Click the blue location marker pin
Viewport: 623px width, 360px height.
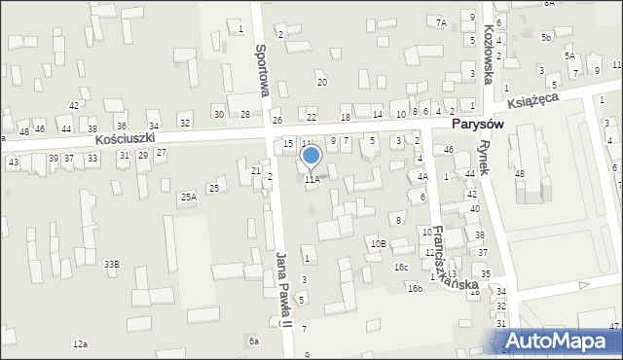tap(311, 157)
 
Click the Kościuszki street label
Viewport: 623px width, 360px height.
tap(139, 139)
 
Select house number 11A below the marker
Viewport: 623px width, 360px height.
tap(311, 180)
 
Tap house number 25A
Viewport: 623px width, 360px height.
tap(188, 197)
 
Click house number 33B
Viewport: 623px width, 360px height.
tap(112, 264)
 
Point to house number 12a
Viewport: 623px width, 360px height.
tap(80, 344)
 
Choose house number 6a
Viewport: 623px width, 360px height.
tap(254, 341)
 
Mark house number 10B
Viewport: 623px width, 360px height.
tap(378, 243)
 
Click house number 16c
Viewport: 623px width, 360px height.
tap(401, 267)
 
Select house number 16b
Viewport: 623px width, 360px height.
tap(415, 288)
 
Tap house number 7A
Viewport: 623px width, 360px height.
tap(441, 21)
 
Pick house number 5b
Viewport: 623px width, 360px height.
tap(546, 37)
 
